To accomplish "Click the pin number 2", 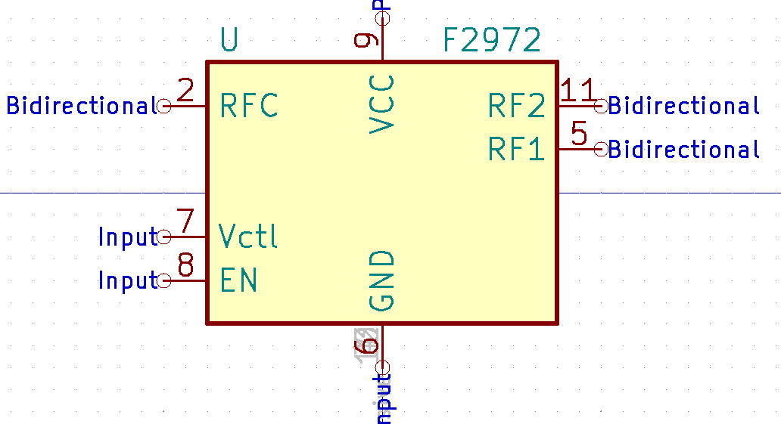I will (185, 91).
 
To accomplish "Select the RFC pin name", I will (249, 106).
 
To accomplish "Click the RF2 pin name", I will (516, 107).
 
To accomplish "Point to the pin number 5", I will (579, 135).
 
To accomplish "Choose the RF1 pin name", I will (516, 150).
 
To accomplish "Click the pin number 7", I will (185, 221).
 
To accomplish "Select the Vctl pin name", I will (248, 237).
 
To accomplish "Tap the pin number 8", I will (185, 265).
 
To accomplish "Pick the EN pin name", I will (238, 280).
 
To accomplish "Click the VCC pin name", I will (382, 104).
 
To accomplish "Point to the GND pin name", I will (382, 280).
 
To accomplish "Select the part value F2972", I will (492, 40).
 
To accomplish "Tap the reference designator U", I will (229, 40).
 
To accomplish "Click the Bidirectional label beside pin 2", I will (81, 106).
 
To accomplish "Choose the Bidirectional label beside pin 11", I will (683, 106).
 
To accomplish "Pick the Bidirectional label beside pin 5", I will (683, 150).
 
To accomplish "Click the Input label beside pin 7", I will (127, 237).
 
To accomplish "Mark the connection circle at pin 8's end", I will (164, 280).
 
